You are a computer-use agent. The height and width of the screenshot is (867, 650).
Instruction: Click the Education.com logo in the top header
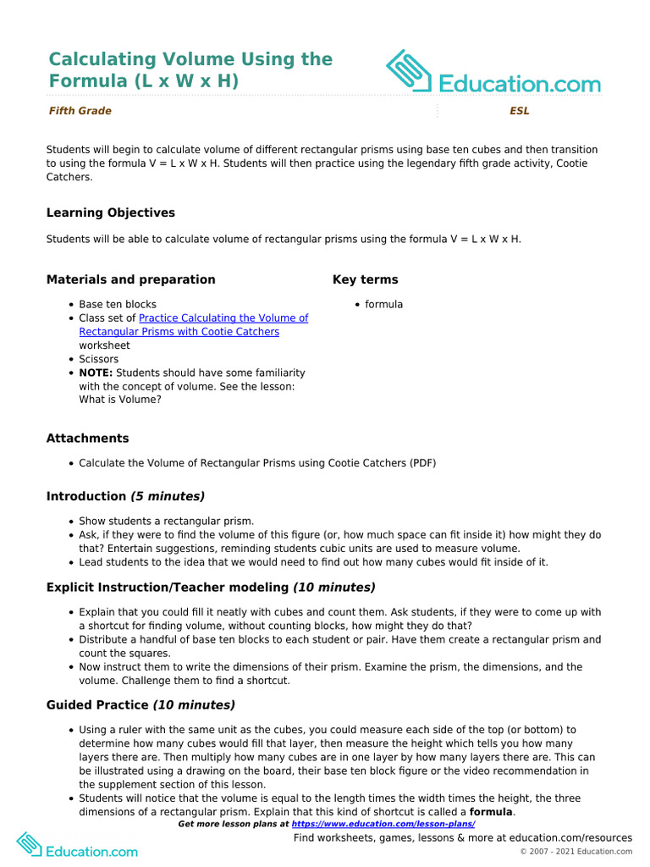(x=493, y=73)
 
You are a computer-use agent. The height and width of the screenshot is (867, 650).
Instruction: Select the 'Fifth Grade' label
(x=80, y=111)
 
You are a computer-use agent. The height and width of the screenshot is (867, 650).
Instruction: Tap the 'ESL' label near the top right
(x=519, y=111)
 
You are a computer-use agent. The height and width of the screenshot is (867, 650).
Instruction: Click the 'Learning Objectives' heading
(x=111, y=213)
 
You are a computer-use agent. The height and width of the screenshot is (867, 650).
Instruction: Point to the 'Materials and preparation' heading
(x=130, y=279)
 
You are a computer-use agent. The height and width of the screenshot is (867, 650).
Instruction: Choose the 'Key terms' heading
(x=365, y=279)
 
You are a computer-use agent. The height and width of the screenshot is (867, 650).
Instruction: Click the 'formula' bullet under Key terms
(x=383, y=304)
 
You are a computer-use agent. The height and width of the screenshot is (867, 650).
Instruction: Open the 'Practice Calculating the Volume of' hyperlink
(x=223, y=318)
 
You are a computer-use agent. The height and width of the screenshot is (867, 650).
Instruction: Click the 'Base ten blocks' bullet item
(x=118, y=304)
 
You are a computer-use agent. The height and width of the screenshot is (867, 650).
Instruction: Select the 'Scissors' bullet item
(x=99, y=359)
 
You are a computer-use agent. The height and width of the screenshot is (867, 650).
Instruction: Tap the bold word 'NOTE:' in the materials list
(x=96, y=373)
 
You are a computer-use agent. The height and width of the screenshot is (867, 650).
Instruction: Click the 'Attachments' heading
(x=87, y=439)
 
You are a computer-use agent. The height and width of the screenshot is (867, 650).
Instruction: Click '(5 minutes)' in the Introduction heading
(x=168, y=496)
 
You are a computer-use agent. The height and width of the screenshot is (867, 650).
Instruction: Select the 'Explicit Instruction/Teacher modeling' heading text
(x=168, y=587)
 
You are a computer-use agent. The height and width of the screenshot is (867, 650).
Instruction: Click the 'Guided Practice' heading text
(x=97, y=704)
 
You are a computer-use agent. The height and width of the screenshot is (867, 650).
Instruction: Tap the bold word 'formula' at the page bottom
(x=491, y=812)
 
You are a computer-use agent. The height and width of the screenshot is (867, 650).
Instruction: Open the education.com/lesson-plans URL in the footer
(x=383, y=824)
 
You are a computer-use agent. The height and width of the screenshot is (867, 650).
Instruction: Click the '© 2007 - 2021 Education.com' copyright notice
(x=576, y=851)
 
